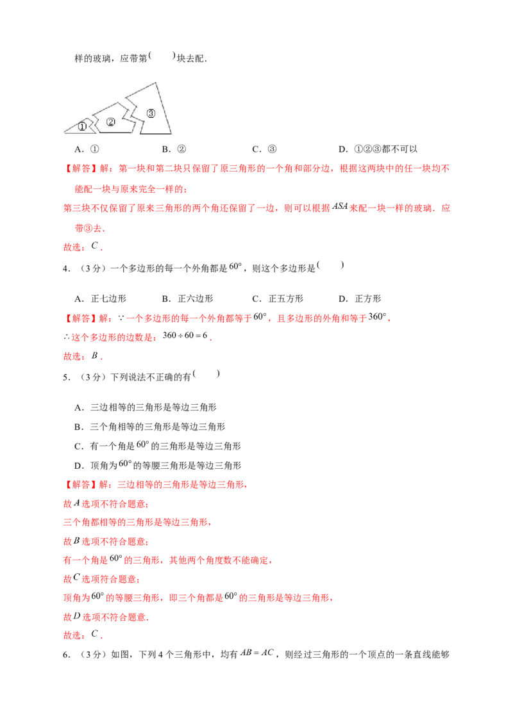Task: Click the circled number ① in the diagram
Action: (82, 127)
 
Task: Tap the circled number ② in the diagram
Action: (111, 122)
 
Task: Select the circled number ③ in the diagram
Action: (151, 113)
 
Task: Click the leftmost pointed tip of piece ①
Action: (63, 131)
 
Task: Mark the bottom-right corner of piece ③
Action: (171, 133)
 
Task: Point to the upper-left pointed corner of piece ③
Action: (126, 97)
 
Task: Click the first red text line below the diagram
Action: (256, 169)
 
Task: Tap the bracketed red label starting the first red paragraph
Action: (80, 169)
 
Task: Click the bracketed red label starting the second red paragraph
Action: (80, 317)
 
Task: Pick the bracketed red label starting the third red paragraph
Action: (80, 485)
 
